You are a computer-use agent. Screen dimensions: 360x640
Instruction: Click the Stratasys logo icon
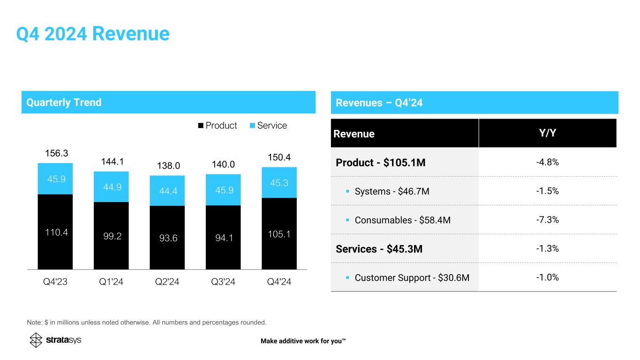point(36,340)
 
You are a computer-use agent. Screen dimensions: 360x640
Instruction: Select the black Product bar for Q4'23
point(55,232)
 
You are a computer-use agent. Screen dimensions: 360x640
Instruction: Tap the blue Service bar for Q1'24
point(111,187)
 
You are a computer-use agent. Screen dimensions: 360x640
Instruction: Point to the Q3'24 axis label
point(223,282)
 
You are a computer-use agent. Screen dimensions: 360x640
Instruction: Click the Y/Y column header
point(547,133)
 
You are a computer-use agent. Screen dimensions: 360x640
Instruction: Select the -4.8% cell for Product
point(547,162)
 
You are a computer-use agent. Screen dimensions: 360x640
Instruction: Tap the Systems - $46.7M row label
point(392,191)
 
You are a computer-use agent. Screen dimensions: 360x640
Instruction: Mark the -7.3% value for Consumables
point(547,220)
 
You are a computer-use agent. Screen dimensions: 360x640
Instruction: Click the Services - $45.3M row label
point(379,249)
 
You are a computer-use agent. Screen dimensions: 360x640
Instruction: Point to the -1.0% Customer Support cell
point(547,277)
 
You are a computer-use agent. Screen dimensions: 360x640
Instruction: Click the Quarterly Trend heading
point(64,102)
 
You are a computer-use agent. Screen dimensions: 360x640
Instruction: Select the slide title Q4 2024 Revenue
point(92,34)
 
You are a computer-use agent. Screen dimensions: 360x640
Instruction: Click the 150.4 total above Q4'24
point(279,156)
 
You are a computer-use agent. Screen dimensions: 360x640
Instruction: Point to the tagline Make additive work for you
point(303,341)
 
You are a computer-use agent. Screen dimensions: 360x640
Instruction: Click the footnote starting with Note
point(146,322)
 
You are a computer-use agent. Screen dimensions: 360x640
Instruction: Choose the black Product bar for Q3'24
point(223,237)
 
